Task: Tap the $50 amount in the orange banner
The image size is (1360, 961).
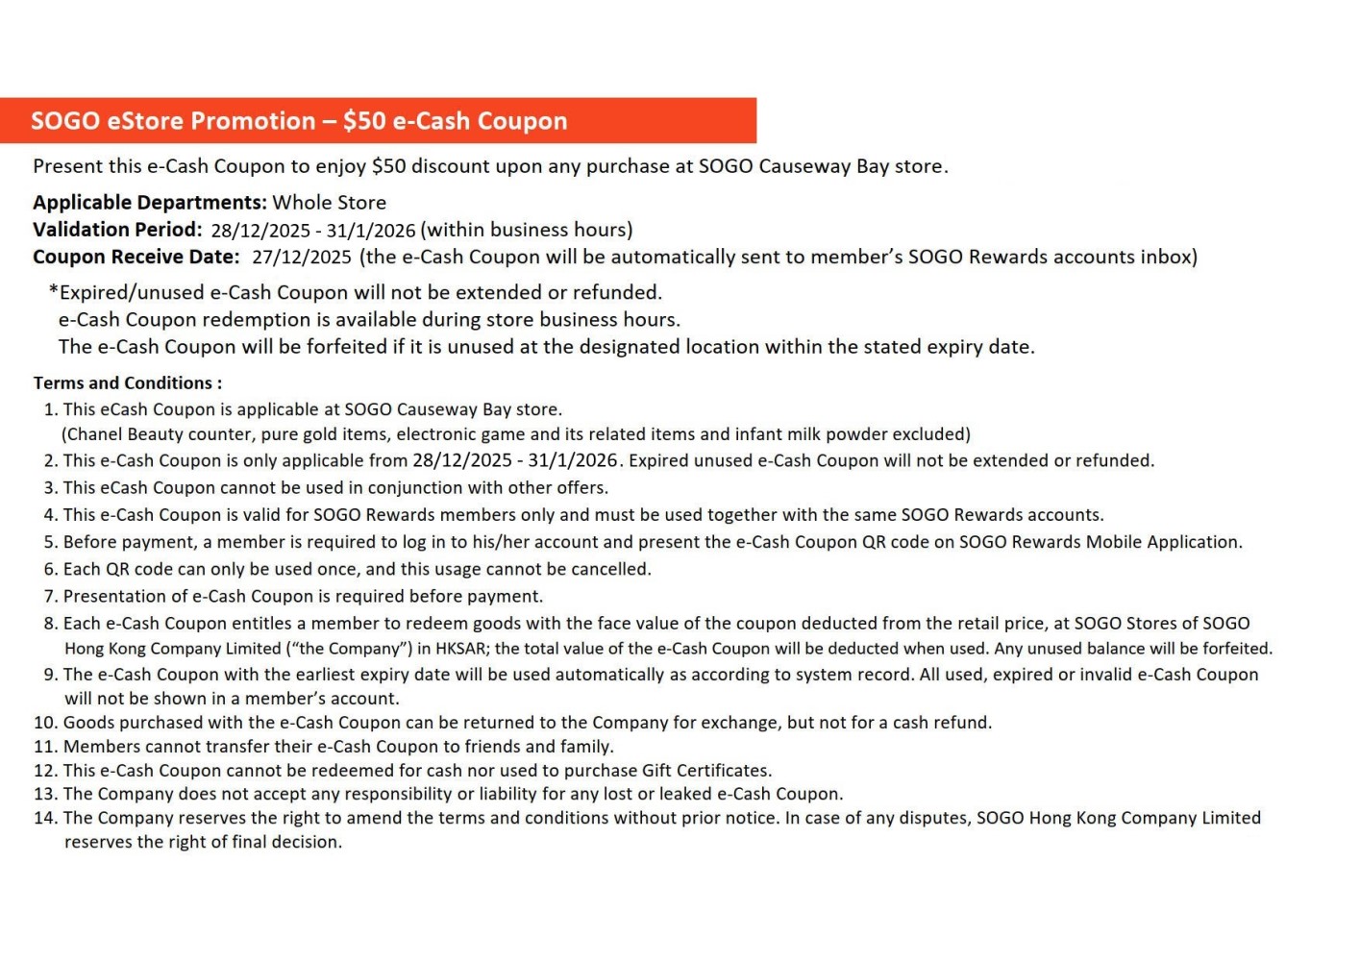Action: (364, 121)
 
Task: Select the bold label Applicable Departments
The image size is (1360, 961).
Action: (149, 203)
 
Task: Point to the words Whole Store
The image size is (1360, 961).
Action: (329, 203)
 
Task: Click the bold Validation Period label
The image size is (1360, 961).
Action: (117, 230)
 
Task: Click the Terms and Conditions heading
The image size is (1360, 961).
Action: (127, 382)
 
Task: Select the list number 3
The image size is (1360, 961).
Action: (50, 488)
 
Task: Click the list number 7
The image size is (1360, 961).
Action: (50, 597)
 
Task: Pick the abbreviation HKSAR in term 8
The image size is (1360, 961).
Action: (460, 649)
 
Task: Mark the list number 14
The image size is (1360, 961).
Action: (45, 818)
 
